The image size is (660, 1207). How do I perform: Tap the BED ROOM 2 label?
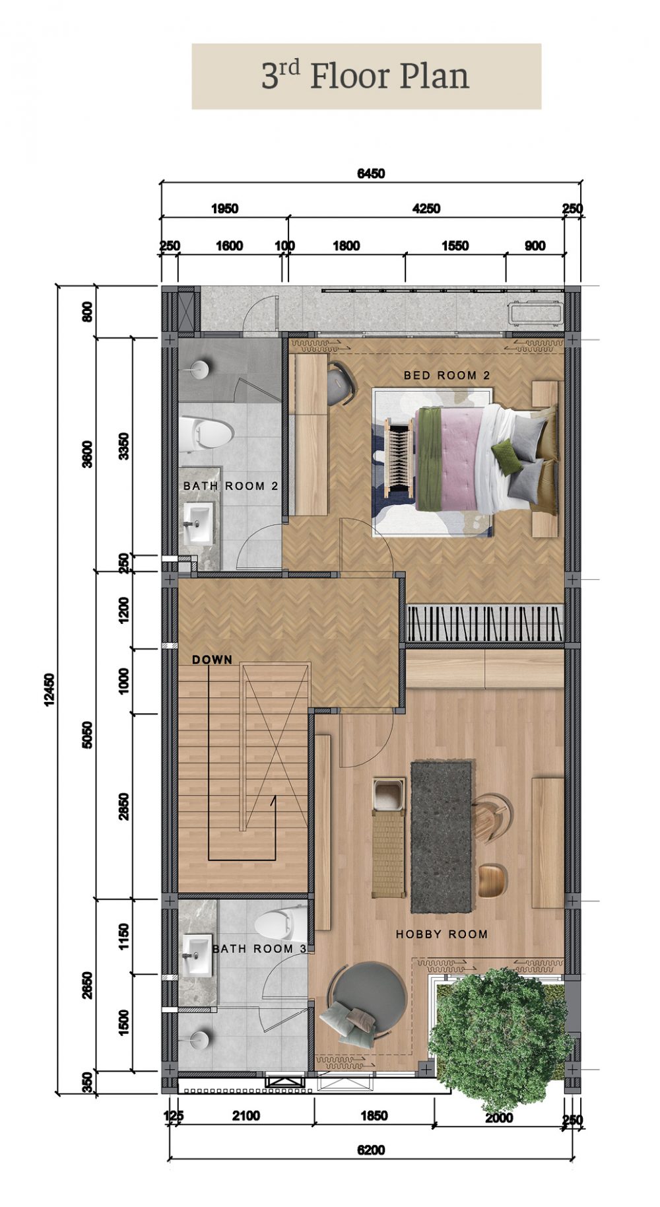447,375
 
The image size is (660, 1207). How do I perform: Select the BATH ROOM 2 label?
230,486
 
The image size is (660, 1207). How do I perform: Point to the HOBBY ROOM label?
442,934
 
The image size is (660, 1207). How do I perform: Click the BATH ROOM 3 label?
259,949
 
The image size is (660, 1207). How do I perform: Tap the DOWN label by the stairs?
212,660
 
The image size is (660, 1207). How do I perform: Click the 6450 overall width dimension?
371,174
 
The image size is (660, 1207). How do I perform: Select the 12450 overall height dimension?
49,690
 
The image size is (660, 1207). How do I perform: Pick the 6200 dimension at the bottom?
371,1150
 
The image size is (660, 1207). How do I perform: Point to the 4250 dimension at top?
426,209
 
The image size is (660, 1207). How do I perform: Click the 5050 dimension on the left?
88,735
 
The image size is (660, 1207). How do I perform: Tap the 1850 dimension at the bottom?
374,1116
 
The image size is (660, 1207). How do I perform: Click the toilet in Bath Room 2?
206,434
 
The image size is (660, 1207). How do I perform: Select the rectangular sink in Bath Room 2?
198,524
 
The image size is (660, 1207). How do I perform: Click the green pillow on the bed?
507,456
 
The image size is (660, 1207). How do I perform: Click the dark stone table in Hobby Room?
442,837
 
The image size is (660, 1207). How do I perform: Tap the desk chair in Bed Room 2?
341,384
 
